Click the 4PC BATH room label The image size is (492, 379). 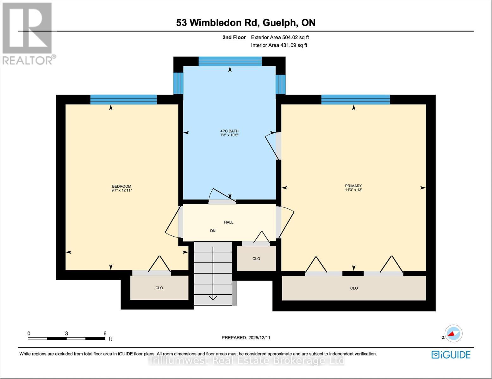point(229,131)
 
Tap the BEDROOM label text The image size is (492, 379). point(121,186)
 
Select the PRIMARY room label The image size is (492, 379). point(353,186)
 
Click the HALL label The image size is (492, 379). point(229,222)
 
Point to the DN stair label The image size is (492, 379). point(213,231)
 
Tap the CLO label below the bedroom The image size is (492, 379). point(159,288)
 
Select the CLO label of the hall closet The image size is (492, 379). point(256,259)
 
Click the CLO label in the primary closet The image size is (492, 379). point(354,288)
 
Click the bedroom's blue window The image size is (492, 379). point(123,99)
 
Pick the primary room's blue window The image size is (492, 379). point(356,99)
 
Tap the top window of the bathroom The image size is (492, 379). point(230,61)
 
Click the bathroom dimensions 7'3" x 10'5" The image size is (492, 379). point(229,135)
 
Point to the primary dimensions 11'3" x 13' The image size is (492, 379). point(353,190)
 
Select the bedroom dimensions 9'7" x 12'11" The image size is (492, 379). point(121,190)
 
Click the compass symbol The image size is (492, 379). point(453,334)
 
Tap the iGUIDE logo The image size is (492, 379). point(451,355)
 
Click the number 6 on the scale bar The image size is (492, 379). point(105,333)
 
